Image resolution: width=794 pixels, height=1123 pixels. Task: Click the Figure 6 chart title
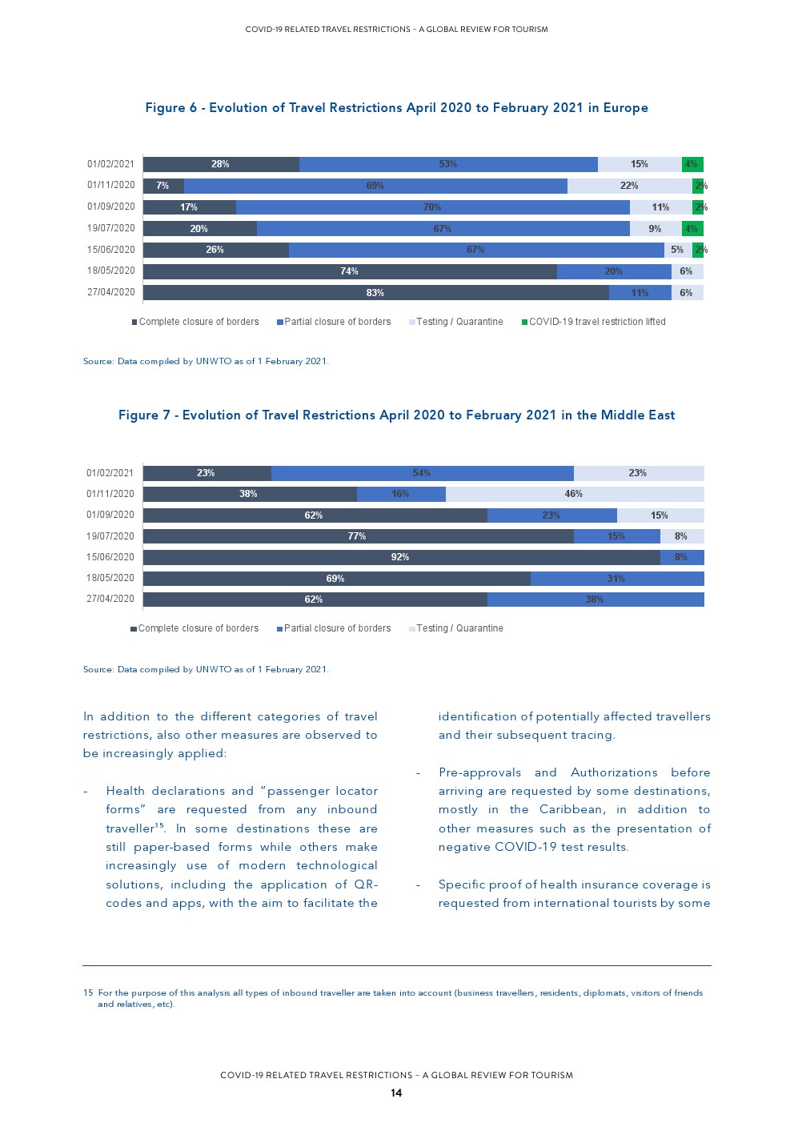tap(396, 108)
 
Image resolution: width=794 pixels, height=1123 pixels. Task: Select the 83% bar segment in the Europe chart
tap(375, 293)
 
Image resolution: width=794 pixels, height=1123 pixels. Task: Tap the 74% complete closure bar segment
tap(349, 271)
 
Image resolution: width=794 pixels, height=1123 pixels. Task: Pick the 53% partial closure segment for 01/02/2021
tap(448, 164)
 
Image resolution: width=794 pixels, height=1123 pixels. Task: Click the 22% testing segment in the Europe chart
tap(629, 186)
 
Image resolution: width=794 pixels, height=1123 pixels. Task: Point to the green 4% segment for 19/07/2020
tap(692, 229)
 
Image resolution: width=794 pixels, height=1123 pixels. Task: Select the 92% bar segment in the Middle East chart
tap(400, 557)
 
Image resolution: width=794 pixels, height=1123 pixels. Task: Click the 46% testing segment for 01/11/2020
tap(574, 494)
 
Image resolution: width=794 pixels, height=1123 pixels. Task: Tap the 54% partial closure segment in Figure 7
tap(422, 473)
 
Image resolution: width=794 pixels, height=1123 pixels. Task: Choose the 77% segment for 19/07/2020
tap(357, 536)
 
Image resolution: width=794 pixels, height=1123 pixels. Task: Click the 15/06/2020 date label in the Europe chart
tap(111, 250)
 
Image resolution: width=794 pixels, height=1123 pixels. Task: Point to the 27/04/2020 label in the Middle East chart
tap(110, 599)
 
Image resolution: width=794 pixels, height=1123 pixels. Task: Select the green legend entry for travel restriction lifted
tap(594, 322)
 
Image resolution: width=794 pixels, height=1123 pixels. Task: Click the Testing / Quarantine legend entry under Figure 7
tap(456, 628)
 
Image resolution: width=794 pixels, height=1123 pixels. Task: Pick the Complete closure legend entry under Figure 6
tap(196, 322)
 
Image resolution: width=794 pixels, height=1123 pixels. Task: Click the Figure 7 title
tap(396, 415)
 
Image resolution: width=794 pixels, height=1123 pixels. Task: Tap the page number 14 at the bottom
tap(396, 1093)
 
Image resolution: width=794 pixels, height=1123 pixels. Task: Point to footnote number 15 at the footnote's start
tap(88, 993)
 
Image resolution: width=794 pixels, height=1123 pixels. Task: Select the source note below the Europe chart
tap(206, 361)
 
